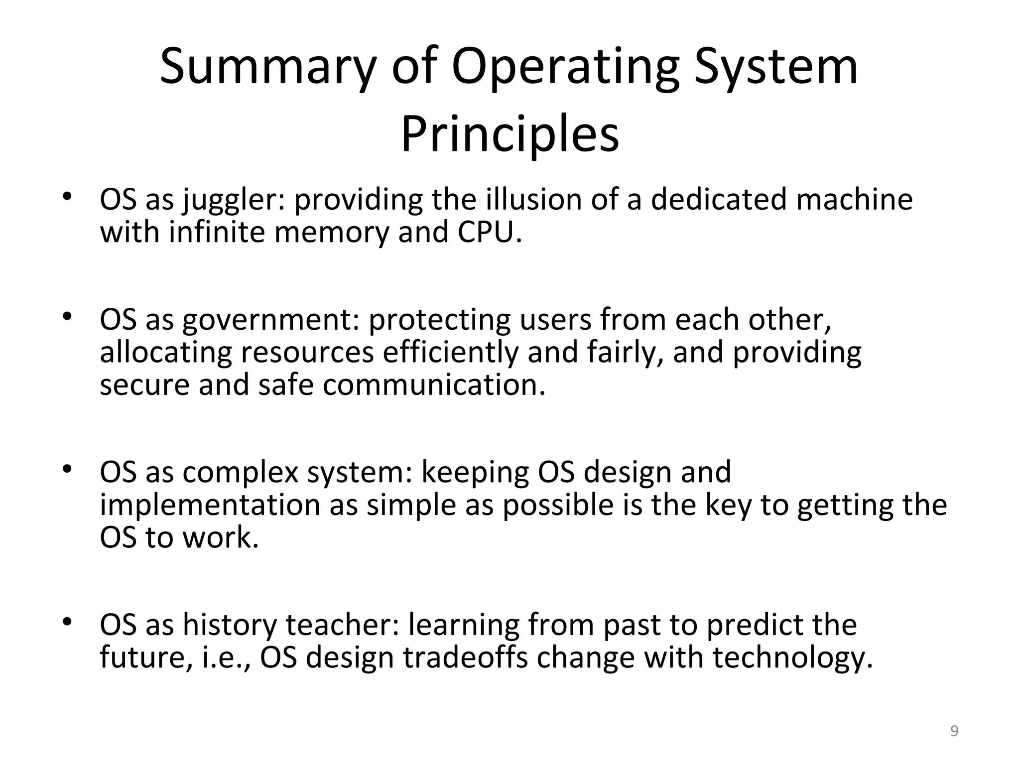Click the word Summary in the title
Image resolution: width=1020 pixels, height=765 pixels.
pyautogui.click(x=267, y=67)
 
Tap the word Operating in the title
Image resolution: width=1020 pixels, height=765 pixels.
pyautogui.click(x=565, y=67)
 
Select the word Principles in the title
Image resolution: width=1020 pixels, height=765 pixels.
pyautogui.click(x=510, y=134)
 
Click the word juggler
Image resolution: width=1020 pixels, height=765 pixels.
pyautogui.click(x=233, y=199)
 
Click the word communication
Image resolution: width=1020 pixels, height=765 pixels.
pyautogui.click(x=434, y=385)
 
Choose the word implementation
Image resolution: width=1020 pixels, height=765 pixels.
pyautogui.click(x=210, y=505)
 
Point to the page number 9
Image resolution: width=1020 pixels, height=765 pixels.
pyautogui.click(x=954, y=731)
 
